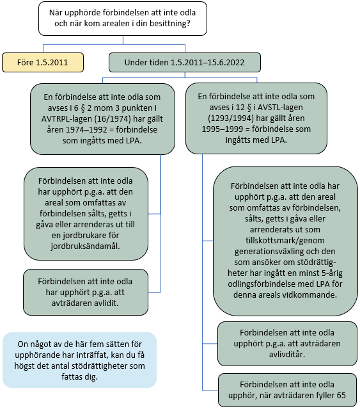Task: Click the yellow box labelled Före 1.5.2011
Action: click(x=43, y=62)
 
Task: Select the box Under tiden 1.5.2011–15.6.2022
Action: click(x=185, y=62)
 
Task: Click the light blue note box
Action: click(x=79, y=359)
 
